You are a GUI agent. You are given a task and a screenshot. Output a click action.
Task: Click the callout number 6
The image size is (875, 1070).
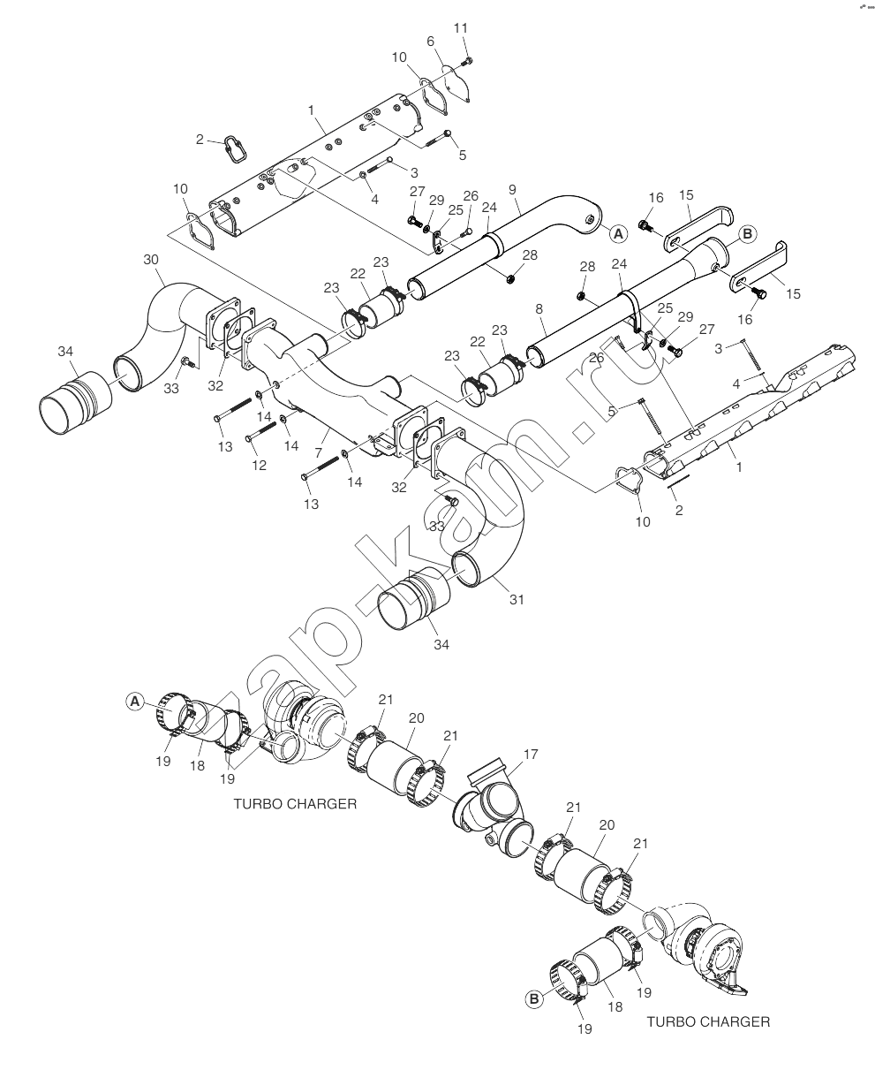tap(430, 42)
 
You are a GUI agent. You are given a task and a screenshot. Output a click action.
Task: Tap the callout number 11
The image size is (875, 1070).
tap(460, 28)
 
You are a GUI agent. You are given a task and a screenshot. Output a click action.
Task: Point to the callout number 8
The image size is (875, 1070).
tap(539, 309)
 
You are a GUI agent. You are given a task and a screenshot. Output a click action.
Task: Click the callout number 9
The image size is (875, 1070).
tap(512, 189)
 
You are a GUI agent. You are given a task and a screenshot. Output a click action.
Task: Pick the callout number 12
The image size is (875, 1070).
tap(259, 465)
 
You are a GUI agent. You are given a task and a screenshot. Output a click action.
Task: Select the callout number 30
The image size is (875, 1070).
tap(151, 259)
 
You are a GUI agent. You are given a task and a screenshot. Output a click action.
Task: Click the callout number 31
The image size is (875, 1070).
tap(516, 599)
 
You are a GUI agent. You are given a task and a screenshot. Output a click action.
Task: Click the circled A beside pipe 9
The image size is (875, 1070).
tap(618, 234)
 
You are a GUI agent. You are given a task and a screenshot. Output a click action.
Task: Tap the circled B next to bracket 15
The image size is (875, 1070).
tap(747, 234)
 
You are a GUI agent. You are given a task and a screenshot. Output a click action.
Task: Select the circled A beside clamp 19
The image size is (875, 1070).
tap(135, 702)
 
